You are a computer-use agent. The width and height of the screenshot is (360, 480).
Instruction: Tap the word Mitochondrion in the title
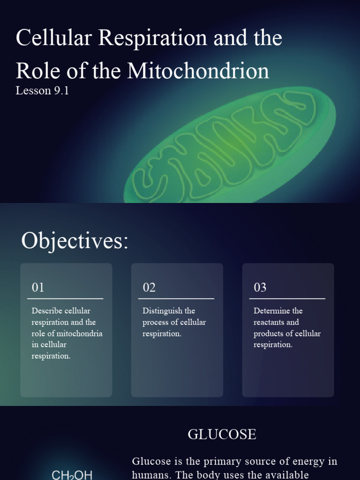pyautogui.click(x=198, y=71)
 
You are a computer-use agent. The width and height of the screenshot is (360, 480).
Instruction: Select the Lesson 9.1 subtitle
pyautogui.click(x=42, y=90)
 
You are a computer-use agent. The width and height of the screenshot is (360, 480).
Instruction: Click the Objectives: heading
pyautogui.click(x=75, y=241)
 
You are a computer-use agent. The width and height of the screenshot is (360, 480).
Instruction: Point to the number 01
pyautogui.click(x=38, y=287)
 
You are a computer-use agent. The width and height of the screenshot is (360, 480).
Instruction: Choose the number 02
pyautogui.click(x=149, y=287)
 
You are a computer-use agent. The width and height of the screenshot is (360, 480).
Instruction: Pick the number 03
pyautogui.click(x=260, y=287)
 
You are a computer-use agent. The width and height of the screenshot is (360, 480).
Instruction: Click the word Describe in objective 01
pyautogui.click(x=47, y=311)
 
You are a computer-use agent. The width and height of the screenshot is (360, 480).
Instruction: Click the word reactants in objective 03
pyautogui.click(x=270, y=322)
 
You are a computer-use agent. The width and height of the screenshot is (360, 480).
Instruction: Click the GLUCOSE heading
pyautogui.click(x=222, y=435)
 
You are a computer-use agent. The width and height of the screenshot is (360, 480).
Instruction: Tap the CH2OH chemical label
pyautogui.click(x=72, y=475)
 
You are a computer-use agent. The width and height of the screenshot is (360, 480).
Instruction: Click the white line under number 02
pyautogui.click(x=178, y=298)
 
